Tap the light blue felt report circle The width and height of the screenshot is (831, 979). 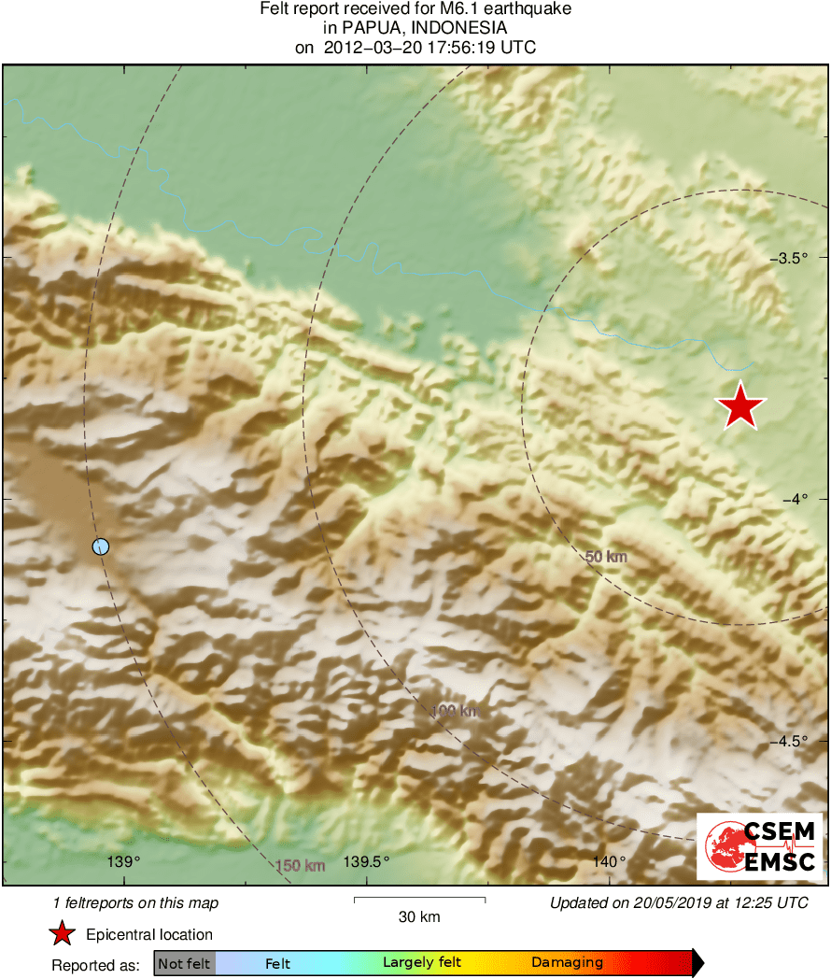[x=101, y=546]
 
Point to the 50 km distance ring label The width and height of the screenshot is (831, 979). [x=606, y=558]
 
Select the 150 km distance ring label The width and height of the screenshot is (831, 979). [x=301, y=866]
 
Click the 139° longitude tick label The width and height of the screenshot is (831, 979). [x=124, y=861]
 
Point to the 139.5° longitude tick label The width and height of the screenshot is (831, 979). [x=367, y=861]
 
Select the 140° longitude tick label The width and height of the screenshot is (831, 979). [x=609, y=861]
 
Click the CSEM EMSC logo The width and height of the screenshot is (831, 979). [x=759, y=846]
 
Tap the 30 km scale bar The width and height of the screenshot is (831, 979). [x=419, y=900]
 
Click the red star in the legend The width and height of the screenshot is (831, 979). [x=62, y=933]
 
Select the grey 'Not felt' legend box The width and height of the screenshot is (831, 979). [x=184, y=963]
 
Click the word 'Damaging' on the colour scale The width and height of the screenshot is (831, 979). [x=567, y=963]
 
